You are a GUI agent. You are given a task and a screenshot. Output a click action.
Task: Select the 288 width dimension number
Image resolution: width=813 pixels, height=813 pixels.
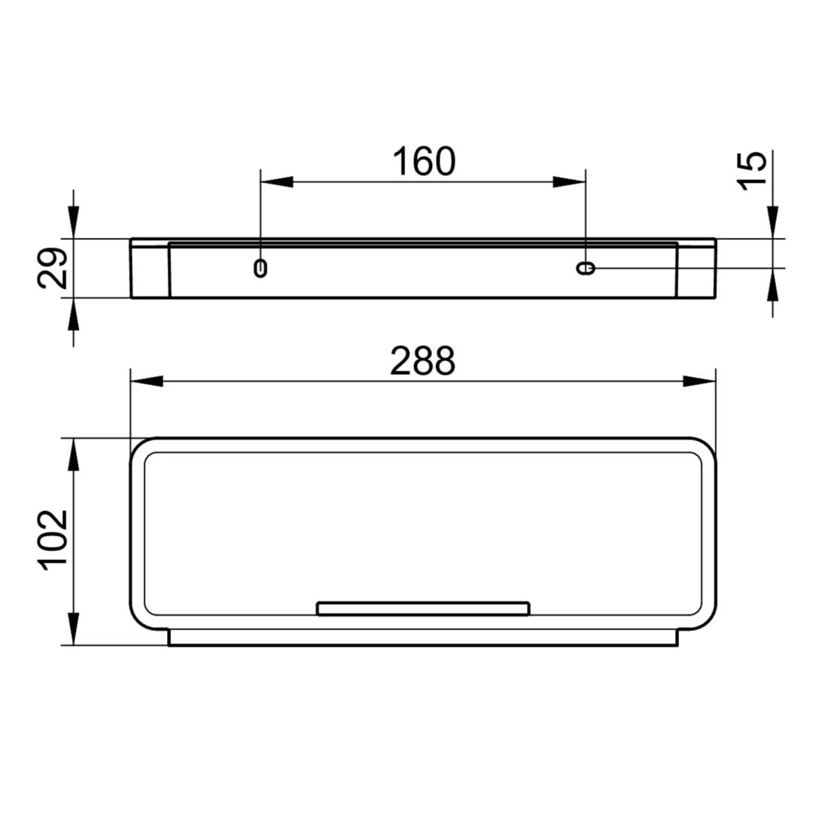pos(422,361)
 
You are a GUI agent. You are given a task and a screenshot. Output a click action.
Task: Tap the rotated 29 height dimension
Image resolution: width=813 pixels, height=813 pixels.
pos(53,268)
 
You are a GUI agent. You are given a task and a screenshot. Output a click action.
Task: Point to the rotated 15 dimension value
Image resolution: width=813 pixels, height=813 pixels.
pos(751,171)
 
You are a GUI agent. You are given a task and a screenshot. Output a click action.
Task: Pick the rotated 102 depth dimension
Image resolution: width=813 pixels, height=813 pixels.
pos(53,540)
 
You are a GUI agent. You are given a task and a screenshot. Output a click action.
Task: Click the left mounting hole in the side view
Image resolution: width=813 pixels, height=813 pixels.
pos(260,268)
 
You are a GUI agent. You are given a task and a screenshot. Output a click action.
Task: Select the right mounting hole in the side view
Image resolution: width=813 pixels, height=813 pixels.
pos(586,268)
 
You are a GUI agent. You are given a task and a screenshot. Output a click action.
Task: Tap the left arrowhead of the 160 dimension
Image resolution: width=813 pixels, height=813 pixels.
pos(276,182)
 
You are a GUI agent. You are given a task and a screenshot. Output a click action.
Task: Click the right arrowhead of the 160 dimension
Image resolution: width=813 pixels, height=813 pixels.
pos(569,182)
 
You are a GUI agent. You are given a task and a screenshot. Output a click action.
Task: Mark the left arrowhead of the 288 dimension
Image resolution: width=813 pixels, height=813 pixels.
pos(147,381)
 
